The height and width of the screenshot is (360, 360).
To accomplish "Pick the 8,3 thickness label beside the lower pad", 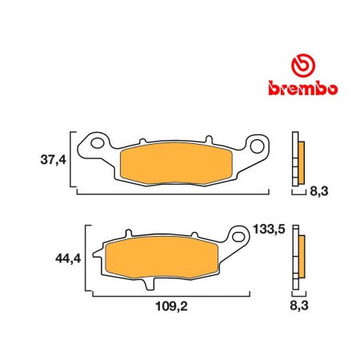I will tap(299, 305).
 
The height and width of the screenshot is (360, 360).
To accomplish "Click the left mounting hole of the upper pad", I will tap(98, 145).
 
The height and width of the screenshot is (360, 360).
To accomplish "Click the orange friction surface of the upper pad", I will tap(181, 164).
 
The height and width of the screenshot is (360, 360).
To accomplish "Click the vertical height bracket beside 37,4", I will tap(74, 161).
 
